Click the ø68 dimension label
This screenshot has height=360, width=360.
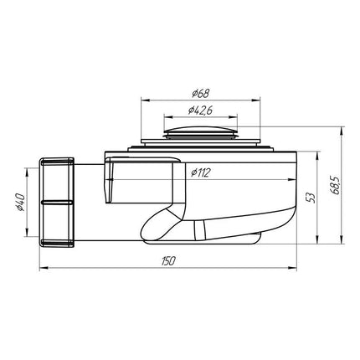pyautogui.click(x=201, y=93)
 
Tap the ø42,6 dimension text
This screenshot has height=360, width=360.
pyautogui.click(x=200, y=111)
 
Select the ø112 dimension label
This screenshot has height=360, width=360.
pyautogui.click(x=200, y=173)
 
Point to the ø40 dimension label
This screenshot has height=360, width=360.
pyautogui.click(x=21, y=202)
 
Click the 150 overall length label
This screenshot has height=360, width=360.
pyautogui.click(x=168, y=261)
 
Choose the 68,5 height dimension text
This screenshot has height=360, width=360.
pyautogui.click(x=334, y=185)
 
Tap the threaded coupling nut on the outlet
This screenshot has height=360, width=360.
pyautogui.click(x=56, y=203)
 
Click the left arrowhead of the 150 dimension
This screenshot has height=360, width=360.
pyautogui.click(x=43, y=268)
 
